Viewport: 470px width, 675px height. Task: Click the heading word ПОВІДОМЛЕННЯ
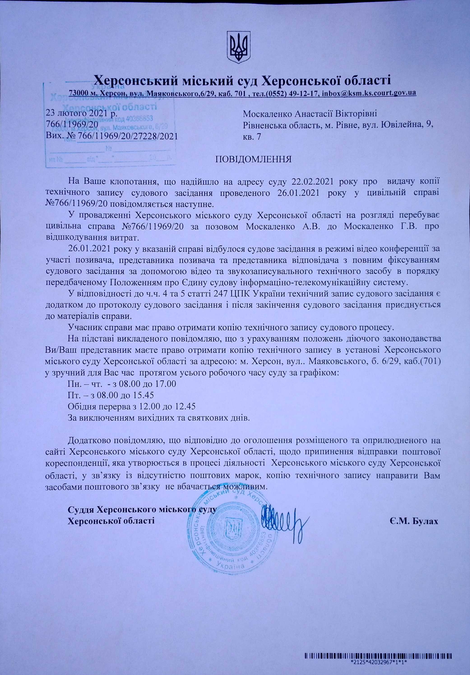[x=254, y=160]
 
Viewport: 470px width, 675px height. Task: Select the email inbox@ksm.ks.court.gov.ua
[x=369, y=93]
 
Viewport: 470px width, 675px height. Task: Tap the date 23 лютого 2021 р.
[x=82, y=113]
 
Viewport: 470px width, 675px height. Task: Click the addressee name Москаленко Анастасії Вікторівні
[x=310, y=113]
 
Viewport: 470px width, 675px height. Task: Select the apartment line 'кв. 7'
[x=252, y=137]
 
